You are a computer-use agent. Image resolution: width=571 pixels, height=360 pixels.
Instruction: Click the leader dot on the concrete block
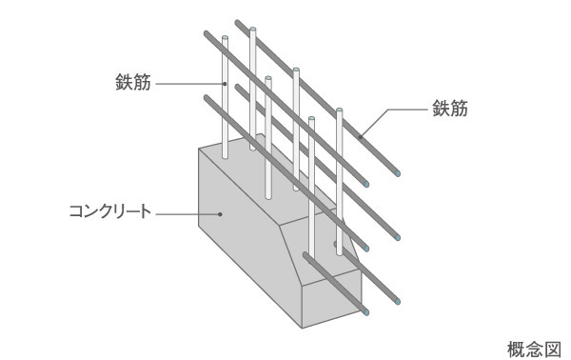(x=221, y=213)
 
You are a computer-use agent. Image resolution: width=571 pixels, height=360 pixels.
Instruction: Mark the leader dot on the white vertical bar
(x=225, y=84)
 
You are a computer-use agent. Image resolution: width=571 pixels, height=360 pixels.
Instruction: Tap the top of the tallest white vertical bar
(x=253, y=31)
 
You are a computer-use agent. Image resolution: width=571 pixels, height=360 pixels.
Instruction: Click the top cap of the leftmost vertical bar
(x=224, y=39)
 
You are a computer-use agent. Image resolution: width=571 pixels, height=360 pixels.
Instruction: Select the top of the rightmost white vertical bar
(x=341, y=111)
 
